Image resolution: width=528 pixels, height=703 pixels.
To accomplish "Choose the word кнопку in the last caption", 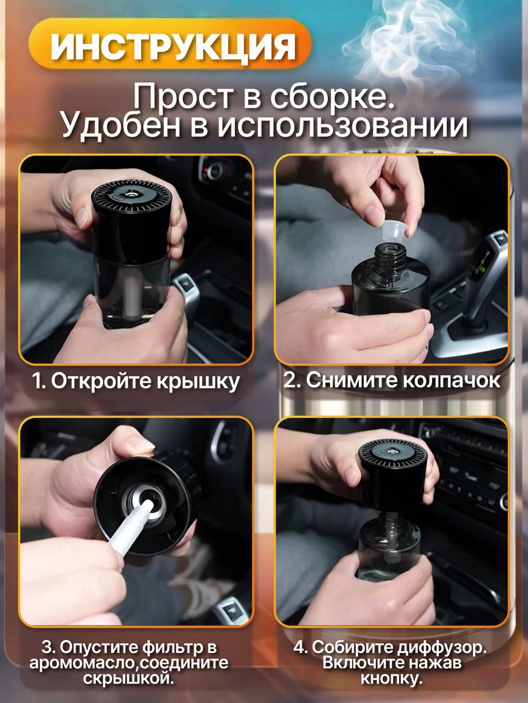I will coord(391,678).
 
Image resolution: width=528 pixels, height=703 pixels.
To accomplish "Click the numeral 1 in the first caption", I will coord(37,381).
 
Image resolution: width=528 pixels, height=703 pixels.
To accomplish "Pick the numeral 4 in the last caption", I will coord(299,647).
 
